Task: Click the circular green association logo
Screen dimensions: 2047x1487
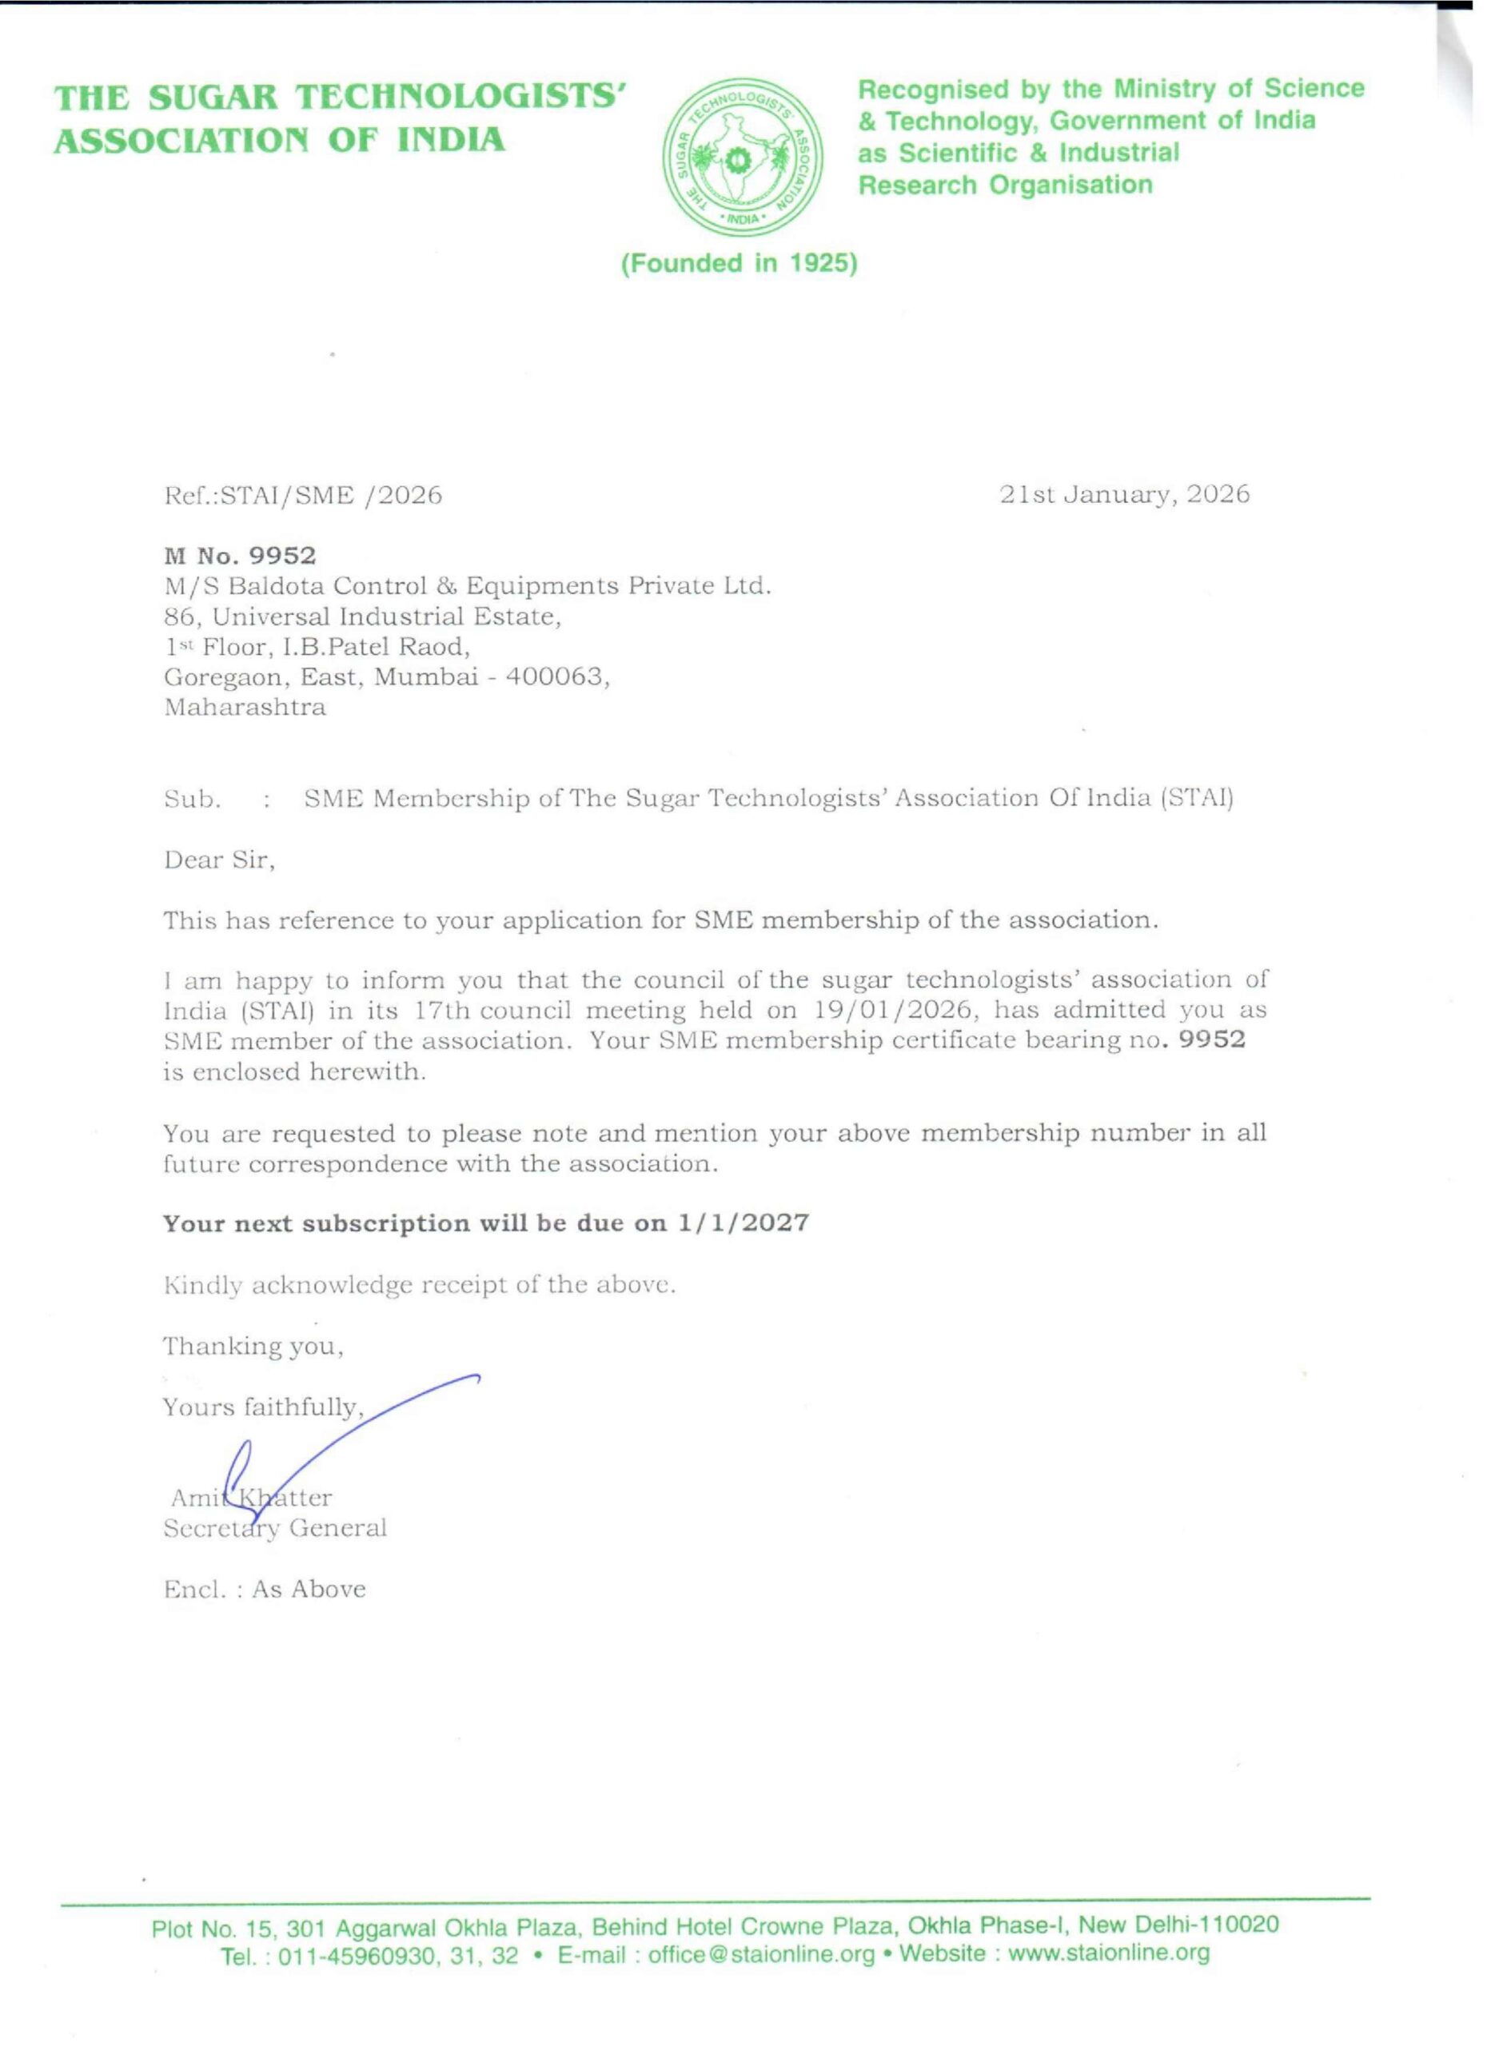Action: (x=742, y=159)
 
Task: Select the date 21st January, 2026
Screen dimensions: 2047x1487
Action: (x=1124, y=495)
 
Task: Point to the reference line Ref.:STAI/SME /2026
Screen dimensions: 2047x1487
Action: (x=303, y=496)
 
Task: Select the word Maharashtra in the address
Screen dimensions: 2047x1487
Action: (x=245, y=707)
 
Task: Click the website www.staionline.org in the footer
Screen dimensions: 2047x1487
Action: (x=1108, y=1954)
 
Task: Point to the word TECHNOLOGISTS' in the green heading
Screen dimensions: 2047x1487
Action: (x=461, y=98)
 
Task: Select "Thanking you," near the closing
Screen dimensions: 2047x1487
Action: (x=253, y=1346)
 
